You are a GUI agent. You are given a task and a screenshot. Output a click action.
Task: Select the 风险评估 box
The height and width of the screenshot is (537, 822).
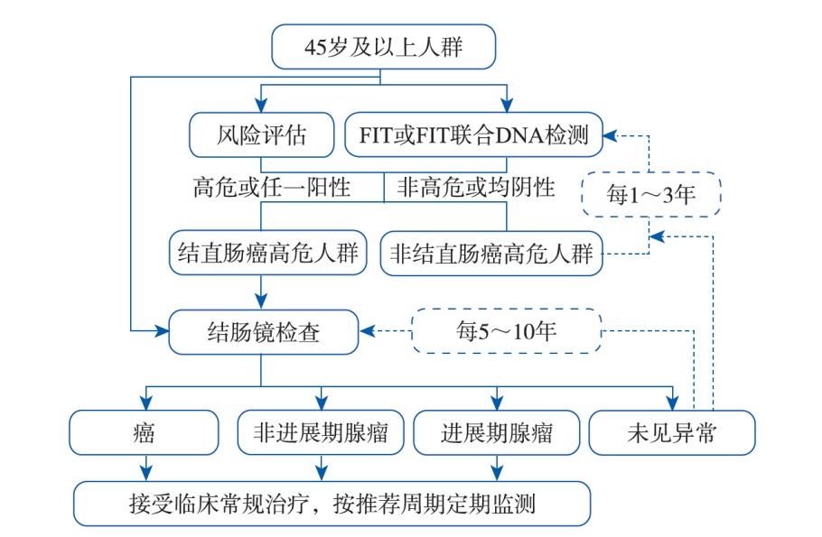[261, 136]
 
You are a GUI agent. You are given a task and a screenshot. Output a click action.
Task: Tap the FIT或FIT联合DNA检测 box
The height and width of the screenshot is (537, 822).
[474, 136]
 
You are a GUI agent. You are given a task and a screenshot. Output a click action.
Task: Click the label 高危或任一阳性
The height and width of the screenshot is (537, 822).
[271, 188]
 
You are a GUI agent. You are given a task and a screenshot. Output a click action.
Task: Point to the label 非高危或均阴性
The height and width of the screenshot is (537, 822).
[475, 188]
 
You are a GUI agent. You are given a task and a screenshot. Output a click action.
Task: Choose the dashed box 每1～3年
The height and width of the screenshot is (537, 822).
[651, 194]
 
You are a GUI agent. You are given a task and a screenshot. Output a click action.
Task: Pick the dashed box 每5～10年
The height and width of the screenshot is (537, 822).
[506, 331]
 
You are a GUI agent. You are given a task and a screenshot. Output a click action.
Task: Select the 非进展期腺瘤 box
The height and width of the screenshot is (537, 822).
[320, 432]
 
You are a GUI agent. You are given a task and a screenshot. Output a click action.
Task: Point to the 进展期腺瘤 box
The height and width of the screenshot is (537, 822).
[495, 432]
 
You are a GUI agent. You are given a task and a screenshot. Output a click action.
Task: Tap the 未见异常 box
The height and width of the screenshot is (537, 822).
[670, 432]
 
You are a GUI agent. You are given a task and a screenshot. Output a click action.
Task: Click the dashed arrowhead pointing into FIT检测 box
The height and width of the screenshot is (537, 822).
[611, 136]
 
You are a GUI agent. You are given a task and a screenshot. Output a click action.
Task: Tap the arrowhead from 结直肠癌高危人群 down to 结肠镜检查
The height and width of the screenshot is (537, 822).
[261, 303]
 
